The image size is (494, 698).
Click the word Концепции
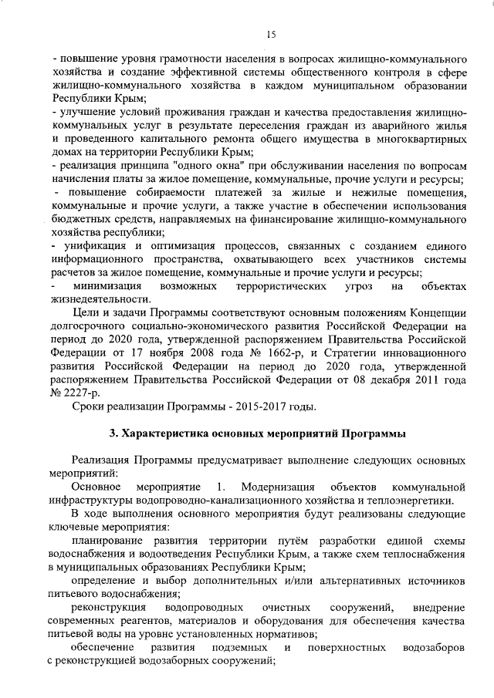click(431, 313)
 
